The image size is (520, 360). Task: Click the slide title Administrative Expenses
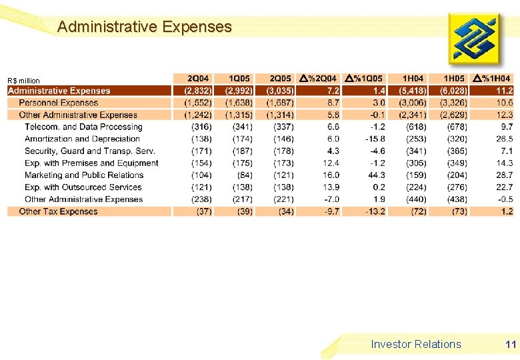click(145, 27)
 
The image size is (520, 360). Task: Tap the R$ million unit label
click(24, 81)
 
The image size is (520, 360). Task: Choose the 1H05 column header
click(453, 79)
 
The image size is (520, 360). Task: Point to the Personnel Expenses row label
click(58, 103)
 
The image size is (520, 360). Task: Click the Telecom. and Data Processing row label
click(83, 127)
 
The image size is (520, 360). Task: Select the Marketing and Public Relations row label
click(84, 175)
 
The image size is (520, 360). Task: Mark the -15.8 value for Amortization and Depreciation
click(375, 139)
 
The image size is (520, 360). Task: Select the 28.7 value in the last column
click(504, 175)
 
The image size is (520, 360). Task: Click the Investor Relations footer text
click(416, 344)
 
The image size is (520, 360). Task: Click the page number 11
click(511, 344)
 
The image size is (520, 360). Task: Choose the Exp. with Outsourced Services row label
click(83, 187)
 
